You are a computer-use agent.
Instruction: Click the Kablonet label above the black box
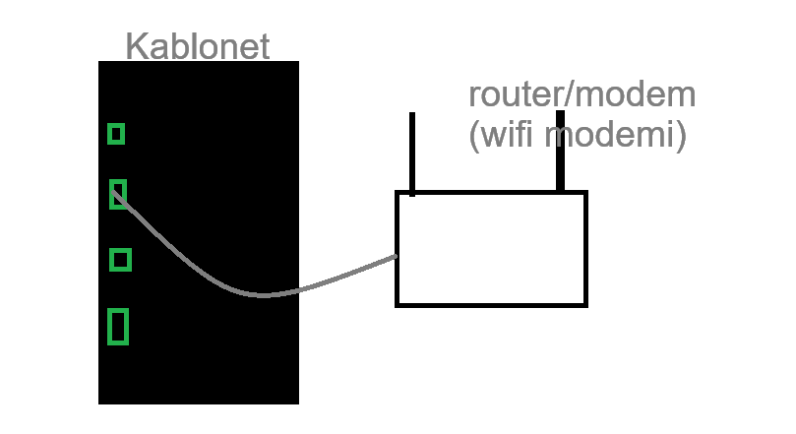coord(198,46)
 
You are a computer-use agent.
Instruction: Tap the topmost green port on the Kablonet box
coord(116,134)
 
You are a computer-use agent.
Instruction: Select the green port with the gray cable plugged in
coord(118,194)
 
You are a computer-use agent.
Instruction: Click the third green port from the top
coord(120,260)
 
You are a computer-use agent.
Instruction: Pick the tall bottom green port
coord(118,327)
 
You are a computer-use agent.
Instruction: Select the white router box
coord(491,249)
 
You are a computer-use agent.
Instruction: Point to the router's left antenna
coord(412,153)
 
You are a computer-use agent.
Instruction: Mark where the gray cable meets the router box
coord(397,257)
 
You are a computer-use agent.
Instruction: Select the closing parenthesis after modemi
coord(680,136)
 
